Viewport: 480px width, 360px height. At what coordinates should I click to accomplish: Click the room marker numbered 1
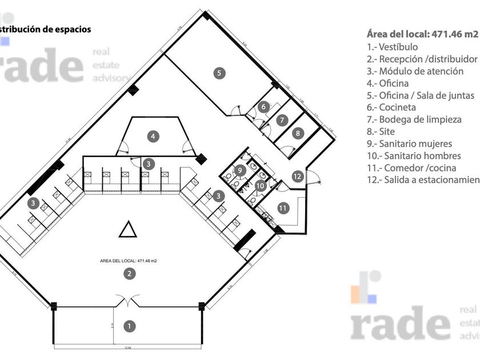[130, 326]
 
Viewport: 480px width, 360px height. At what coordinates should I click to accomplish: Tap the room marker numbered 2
[130, 274]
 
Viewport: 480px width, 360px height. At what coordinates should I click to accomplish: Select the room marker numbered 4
[152, 136]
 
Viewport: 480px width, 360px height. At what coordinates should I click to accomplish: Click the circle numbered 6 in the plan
[263, 107]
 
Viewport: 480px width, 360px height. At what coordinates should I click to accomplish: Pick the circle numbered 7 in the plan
[282, 121]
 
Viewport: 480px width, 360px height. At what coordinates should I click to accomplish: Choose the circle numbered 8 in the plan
[298, 133]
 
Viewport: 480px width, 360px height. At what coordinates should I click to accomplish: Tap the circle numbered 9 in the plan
[241, 170]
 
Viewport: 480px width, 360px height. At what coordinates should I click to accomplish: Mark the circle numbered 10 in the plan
[260, 185]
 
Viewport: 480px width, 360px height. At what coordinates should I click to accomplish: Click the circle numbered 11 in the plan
[283, 207]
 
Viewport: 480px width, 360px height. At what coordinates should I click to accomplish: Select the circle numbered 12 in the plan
[297, 176]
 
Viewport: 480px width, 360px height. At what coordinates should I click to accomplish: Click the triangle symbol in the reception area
[127, 230]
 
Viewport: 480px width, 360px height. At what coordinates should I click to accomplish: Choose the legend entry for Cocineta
[391, 107]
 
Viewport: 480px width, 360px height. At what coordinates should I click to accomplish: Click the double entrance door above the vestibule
[126, 300]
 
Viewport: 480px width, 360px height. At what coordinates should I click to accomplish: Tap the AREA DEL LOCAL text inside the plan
[129, 261]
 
